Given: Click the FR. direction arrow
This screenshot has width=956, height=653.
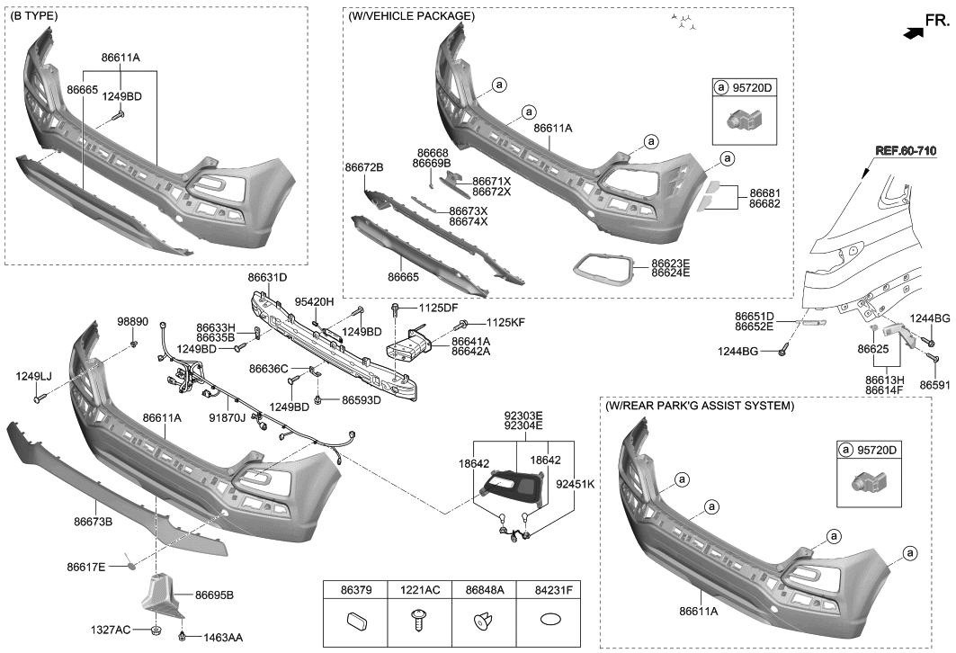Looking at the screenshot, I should [912, 32].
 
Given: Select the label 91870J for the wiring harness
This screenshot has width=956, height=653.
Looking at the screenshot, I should [227, 417].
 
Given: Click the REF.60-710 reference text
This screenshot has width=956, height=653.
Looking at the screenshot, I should [910, 149].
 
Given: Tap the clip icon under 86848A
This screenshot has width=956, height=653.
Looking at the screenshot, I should [483, 622].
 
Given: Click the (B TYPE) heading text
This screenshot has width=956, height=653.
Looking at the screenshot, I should [36, 16].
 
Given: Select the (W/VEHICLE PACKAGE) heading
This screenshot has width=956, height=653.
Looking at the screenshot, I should [411, 16].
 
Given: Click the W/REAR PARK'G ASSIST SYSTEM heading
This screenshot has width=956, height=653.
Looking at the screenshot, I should [700, 407].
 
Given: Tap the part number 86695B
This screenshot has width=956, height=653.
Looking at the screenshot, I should [214, 595].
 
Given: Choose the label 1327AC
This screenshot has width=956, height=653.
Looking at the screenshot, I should [112, 629].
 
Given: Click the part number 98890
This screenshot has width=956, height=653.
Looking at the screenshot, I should [132, 321].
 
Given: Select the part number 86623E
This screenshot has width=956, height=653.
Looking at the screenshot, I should [671, 264].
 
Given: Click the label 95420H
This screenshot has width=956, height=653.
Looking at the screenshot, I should [315, 302].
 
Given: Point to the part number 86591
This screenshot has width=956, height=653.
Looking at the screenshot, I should [934, 384].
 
